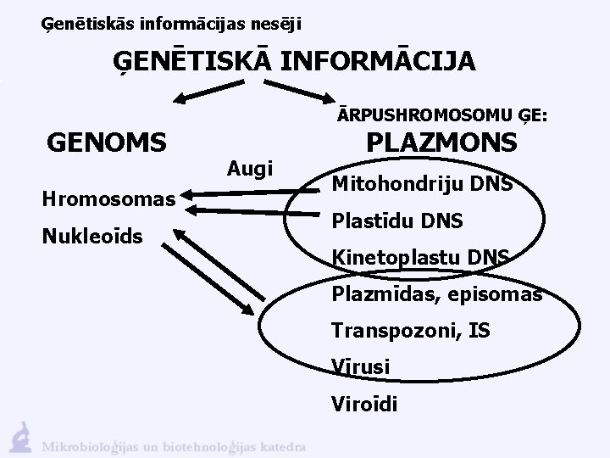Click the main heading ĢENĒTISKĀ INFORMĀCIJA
(296, 62)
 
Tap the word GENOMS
(108, 143)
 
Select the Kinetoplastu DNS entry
(421, 257)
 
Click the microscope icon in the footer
(20, 434)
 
